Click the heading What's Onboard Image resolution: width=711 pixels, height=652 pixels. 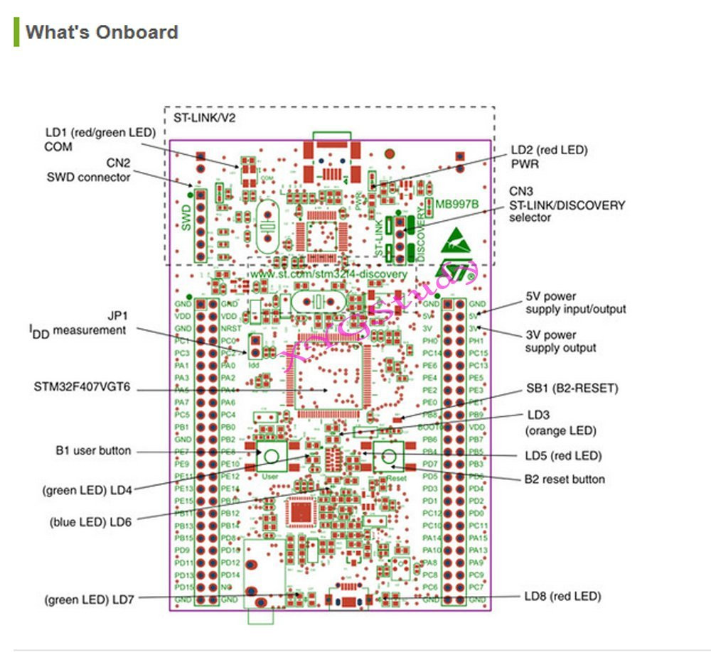[102, 33]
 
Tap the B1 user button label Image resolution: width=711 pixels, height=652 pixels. [93, 450]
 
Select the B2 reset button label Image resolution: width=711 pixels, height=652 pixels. [565, 479]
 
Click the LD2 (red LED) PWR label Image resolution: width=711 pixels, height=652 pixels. [550, 157]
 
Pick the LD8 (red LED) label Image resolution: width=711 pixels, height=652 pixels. [562, 596]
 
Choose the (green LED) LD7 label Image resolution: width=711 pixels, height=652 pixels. [89, 599]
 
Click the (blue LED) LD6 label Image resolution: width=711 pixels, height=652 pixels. [91, 521]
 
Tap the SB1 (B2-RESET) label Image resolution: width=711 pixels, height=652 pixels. [572, 389]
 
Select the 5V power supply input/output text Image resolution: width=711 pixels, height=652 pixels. [575, 303]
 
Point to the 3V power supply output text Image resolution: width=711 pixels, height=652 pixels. [561, 341]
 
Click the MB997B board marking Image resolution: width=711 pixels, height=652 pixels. [457, 205]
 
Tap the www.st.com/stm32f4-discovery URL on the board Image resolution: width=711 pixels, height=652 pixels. [328, 273]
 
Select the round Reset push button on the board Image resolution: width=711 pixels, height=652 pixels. [387, 457]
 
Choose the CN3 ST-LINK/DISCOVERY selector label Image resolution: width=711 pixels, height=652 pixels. [567, 205]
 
